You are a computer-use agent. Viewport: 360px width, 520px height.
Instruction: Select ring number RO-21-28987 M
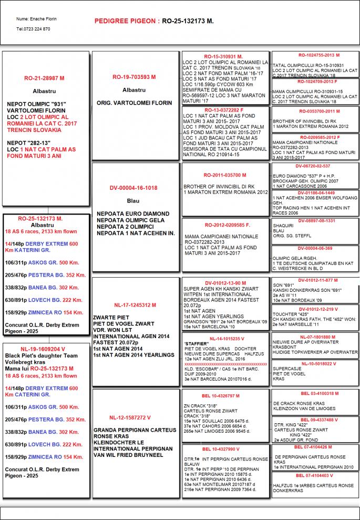[44, 78]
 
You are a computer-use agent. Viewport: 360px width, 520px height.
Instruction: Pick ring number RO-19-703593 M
[134, 77]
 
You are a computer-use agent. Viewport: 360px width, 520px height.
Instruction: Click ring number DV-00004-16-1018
[133, 188]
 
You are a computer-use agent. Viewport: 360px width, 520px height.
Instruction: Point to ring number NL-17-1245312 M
[135, 304]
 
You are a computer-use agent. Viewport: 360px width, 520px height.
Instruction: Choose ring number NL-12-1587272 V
[130, 417]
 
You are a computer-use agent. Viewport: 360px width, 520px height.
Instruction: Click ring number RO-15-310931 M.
[223, 56]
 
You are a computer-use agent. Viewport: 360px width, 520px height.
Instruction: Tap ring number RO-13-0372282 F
[223, 109]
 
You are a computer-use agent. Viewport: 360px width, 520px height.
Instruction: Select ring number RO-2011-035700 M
[225, 175]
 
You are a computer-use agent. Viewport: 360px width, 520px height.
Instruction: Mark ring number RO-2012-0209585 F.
[227, 225]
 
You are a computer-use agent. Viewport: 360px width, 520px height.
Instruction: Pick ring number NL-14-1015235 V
[227, 339]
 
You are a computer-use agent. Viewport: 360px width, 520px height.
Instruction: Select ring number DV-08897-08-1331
[316, 221]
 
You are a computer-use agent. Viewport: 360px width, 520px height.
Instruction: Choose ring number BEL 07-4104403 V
[316, 475]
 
